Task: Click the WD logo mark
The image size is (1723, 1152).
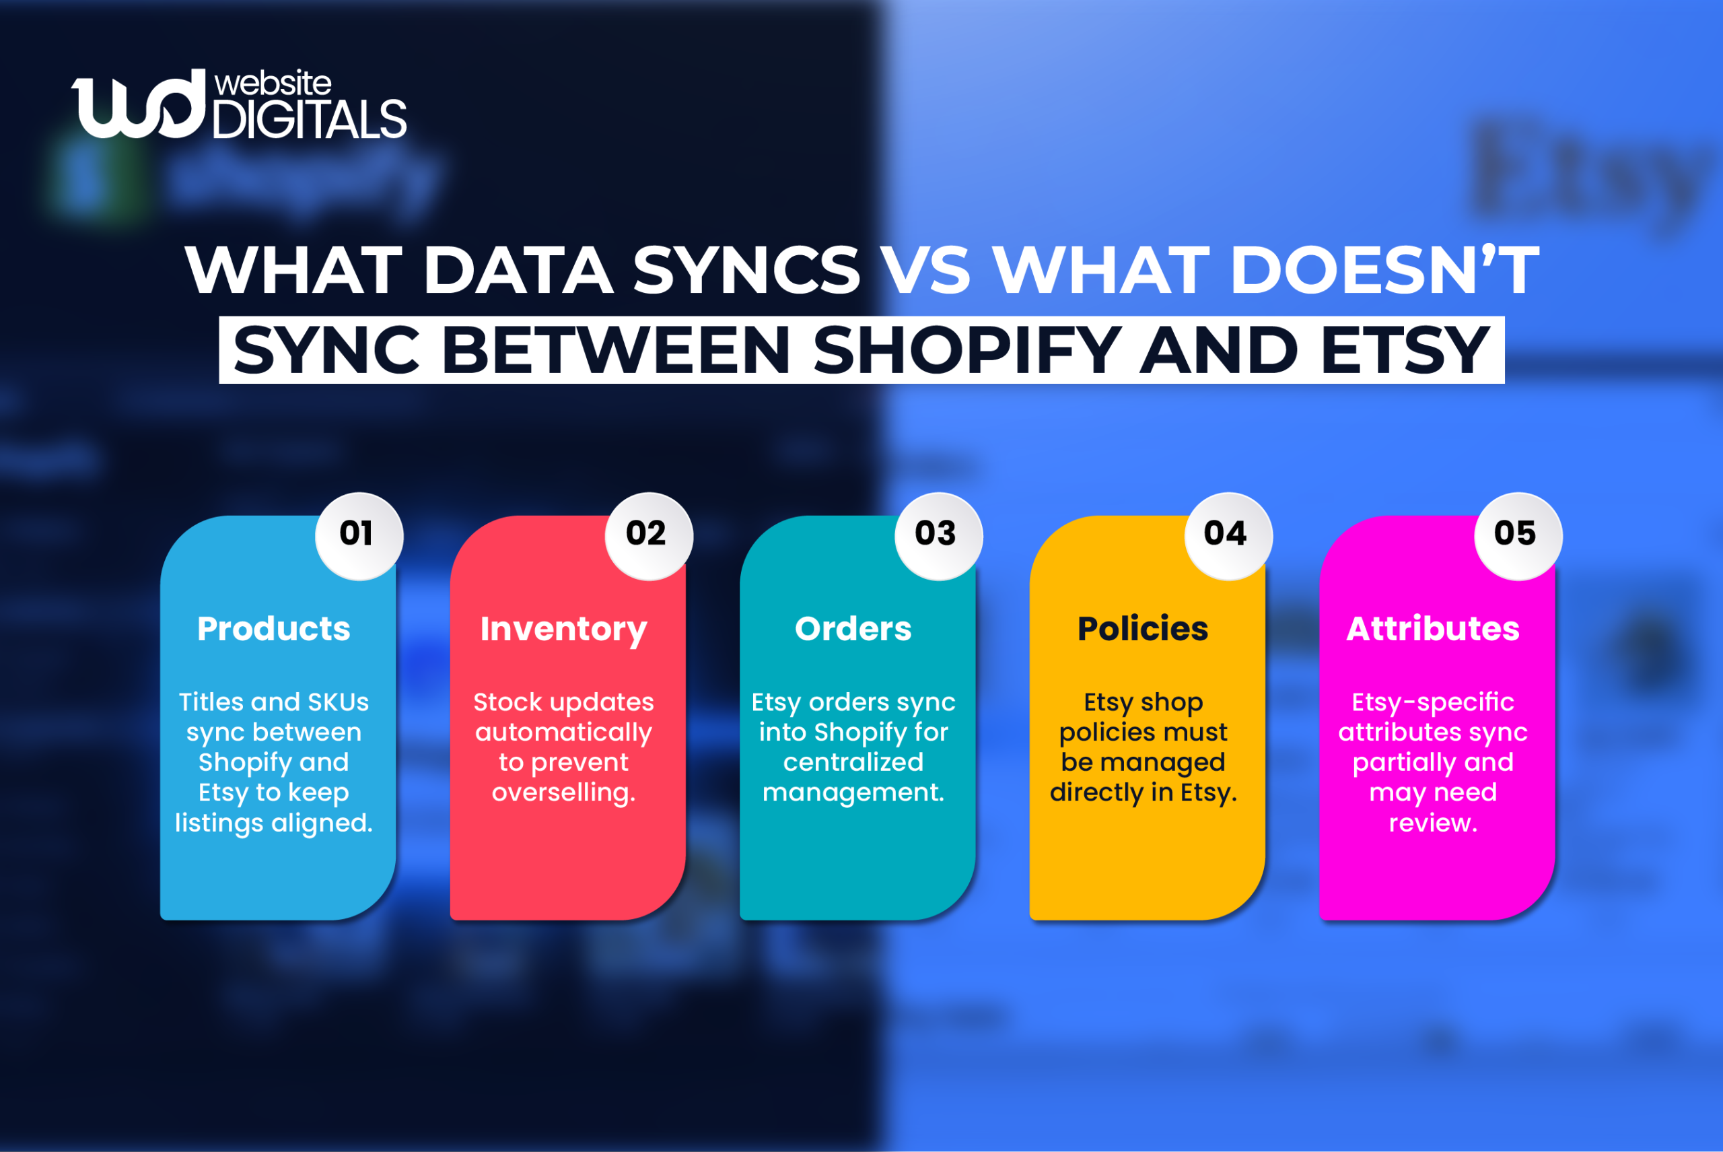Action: [x=138, y=104]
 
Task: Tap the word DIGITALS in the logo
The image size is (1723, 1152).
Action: [x=309, y=118]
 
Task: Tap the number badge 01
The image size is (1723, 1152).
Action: [x=357, y=534]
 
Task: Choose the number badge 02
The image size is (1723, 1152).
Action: [x=647, y=534]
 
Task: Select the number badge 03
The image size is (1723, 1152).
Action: [x=936, y=534]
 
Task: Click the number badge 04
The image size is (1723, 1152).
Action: [x=1226, y=534]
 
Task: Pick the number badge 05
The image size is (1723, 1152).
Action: [x=1516, y=534]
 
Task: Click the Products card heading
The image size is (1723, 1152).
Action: [x=274, y=629]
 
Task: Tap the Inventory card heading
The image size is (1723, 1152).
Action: [x=563, y=630]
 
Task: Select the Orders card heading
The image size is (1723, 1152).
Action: [x=853, y=629]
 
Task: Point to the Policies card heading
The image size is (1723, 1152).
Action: [x=1143, y=629]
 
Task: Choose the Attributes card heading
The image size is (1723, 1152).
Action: [x=1433, y=629]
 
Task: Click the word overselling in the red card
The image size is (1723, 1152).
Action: [x=563, y=792]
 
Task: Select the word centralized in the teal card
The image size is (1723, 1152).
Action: [x=853, y=763]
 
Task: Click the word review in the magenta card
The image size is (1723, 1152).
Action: [x=1433, y=823]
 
